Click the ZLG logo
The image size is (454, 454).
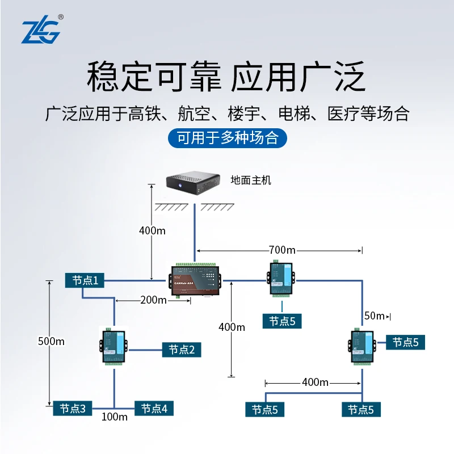point(40,32)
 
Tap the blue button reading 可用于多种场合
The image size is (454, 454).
point(228,138)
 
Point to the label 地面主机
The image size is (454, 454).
point(251,180)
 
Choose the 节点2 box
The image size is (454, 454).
point(182,350)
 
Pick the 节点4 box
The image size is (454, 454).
point(154,408)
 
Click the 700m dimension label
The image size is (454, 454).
point(283,250)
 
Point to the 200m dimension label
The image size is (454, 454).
point(153,300)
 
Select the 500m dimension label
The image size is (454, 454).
point(51,341)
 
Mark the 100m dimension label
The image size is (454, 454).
point(115,418)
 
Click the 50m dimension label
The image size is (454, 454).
point(374,316)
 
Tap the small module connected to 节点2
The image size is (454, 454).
point(113,346)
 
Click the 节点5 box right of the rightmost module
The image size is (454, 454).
point(405,342)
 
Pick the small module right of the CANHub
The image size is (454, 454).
point(279,279)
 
